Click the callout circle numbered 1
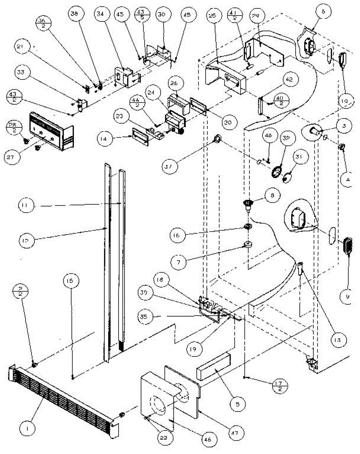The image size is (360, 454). point(27,428)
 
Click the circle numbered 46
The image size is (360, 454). point(209,440)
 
